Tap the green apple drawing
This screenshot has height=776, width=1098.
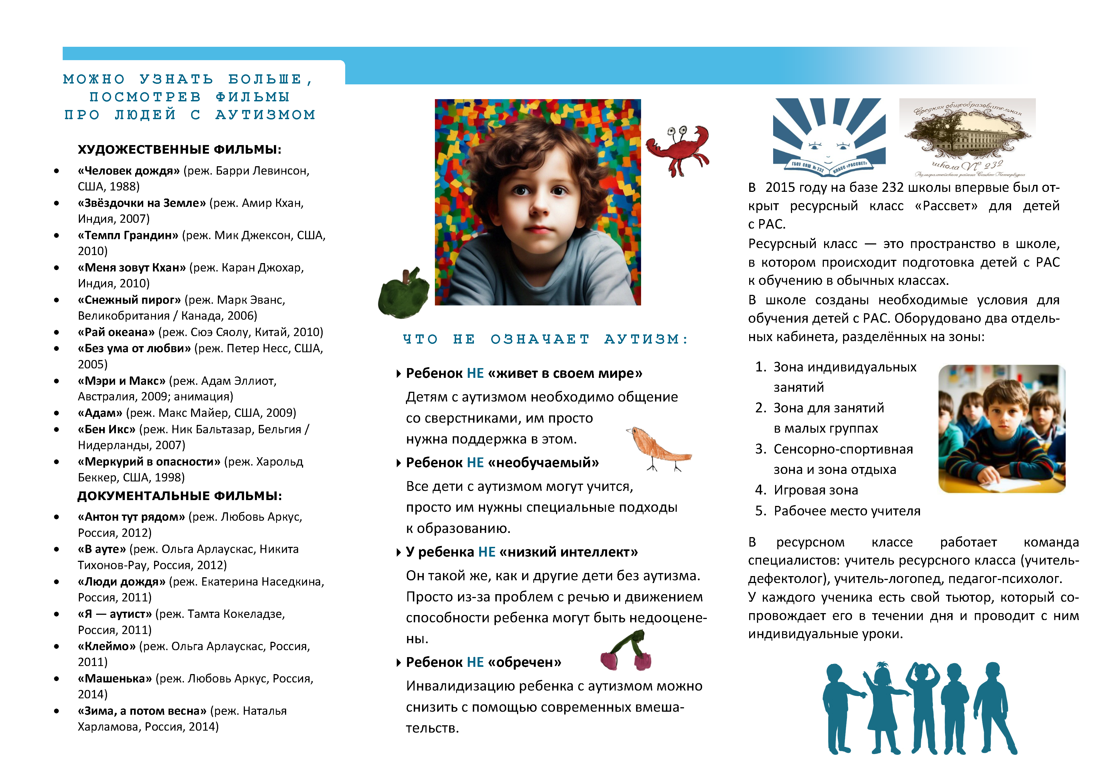404,292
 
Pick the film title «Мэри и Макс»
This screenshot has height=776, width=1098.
121,381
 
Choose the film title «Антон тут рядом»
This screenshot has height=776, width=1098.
131,517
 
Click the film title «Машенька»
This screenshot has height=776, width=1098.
115,679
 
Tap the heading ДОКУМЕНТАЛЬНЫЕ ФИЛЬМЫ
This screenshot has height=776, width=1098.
179,496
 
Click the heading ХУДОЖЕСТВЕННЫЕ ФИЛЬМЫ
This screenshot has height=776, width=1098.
179,150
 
